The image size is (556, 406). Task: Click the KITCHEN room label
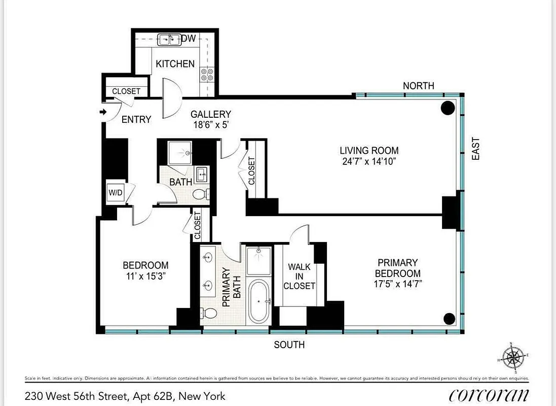tap(175, 64)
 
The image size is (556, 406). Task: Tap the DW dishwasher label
tap(189, 39)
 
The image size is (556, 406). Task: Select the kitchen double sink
tap(169, 39)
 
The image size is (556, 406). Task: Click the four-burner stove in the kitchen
tap(207, 75)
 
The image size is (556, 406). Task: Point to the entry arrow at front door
tap(104, 112)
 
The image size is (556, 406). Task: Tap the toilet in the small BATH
tap(199, 194)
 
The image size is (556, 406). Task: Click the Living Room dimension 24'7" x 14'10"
tap(369, 162)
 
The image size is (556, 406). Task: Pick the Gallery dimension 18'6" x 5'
tap(210, 125)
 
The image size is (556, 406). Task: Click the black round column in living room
tap(448, 108)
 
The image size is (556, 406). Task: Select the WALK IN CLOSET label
tap(299, 276)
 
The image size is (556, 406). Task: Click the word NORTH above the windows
tap(419, 86)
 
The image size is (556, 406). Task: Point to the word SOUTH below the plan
tap(289, 345)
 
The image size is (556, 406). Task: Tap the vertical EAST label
tap(475, 149)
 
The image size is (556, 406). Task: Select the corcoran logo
tap(489, 395)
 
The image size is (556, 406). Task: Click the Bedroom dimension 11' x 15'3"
tap(145, 277)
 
